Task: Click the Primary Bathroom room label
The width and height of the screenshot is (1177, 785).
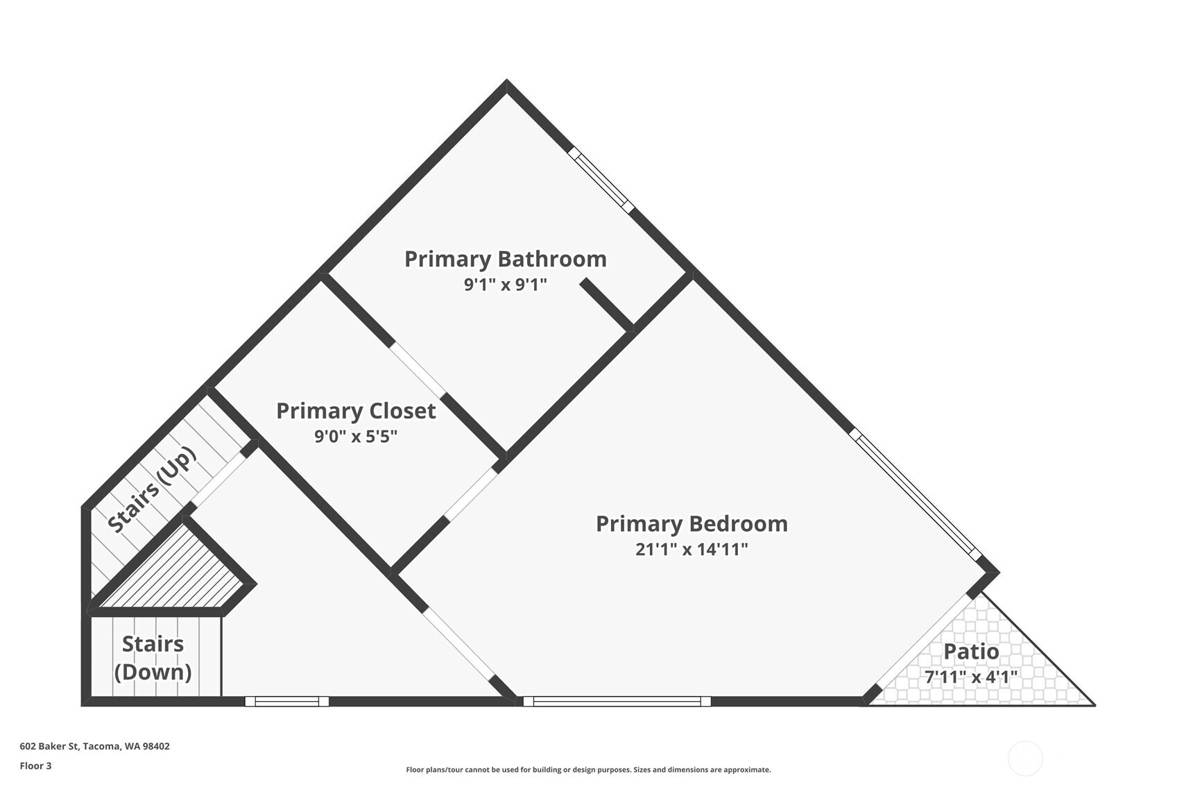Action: (505, 259)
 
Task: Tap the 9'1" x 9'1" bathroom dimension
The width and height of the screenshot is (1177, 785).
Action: (505, 285)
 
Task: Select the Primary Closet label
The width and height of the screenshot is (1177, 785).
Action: (356, 411)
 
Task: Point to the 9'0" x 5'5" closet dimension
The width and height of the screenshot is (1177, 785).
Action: (356, 436)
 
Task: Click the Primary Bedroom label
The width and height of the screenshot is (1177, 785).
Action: (691, 524)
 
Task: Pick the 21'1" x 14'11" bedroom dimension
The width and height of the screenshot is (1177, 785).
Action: (691, 550)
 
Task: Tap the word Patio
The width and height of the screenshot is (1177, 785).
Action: (971, 652)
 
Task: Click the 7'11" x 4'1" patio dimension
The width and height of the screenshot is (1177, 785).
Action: (971, 677)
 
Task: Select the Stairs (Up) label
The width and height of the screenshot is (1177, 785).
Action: (152, 489)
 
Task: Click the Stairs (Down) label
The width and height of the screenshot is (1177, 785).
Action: (153, 658)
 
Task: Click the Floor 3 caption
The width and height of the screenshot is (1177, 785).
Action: (36, 766)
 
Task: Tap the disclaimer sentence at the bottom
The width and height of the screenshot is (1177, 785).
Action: (588, 770)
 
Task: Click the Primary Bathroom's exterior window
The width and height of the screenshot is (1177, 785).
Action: (601, 180)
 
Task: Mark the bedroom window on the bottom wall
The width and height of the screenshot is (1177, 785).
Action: (617, 702)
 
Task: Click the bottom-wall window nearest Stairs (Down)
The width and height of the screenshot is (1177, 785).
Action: (287, 702)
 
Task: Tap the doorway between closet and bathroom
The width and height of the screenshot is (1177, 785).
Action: (418, 370)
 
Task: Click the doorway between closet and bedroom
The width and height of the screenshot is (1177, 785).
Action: (472, 494)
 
